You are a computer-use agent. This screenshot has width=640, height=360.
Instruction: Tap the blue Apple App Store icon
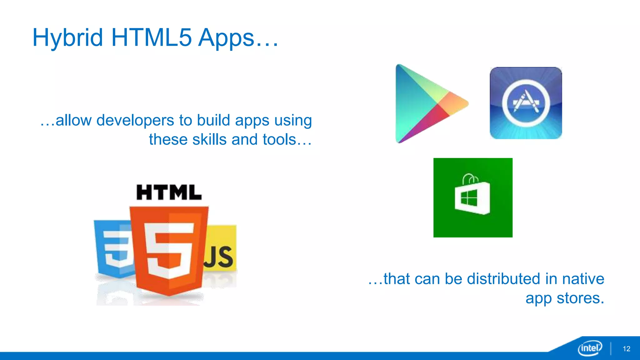(x=526, y=103)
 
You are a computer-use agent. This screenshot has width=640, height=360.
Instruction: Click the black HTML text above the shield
(x=169, y=192)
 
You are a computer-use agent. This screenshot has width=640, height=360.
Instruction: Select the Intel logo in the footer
(x=590, y=348)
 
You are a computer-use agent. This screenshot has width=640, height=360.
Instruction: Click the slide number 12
(x=626, y=349)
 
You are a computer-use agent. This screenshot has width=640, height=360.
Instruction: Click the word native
(x=583, y=279)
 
